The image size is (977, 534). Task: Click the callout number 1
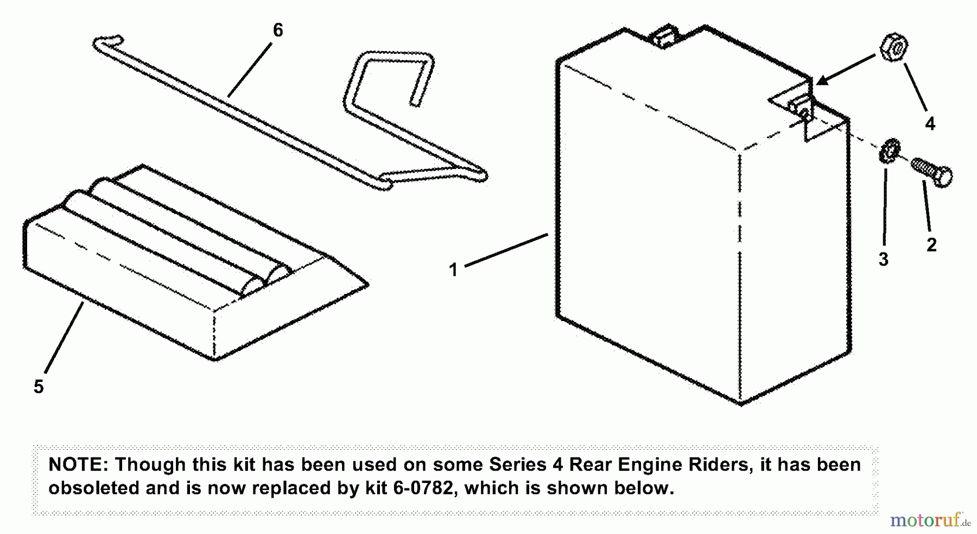coord(453,269)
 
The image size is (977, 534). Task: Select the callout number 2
coord(931,245)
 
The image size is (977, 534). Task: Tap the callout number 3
coord(883,260)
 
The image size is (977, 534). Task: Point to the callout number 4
coord(930,124)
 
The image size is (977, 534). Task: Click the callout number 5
coord(39,387)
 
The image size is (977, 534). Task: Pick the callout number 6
coord(277,30)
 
